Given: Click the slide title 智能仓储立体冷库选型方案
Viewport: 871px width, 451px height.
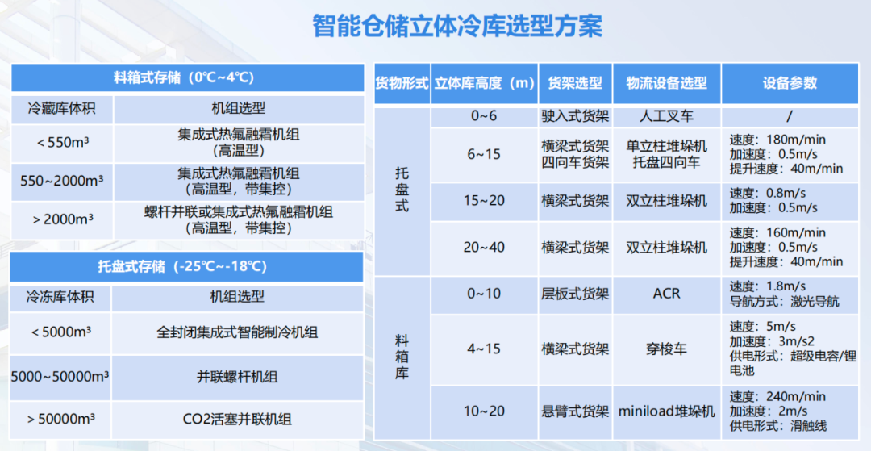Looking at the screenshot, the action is [457, 27].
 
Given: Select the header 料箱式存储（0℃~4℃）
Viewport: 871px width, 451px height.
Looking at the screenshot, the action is [184, 77].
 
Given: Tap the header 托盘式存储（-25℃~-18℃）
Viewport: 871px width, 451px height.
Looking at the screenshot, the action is [182, 266].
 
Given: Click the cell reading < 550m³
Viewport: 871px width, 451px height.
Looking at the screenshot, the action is [63, 143].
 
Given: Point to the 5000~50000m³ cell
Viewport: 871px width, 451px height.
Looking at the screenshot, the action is [60, 377].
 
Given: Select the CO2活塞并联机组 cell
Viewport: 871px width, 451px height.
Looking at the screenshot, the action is [237, 418].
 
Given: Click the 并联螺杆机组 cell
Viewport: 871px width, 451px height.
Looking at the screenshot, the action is [237, 377].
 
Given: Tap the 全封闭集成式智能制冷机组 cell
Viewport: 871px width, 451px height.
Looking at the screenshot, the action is [237, 332].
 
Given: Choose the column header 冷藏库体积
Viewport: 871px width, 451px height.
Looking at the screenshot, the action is [61, 108].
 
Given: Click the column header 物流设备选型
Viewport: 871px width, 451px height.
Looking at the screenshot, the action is [667, 83].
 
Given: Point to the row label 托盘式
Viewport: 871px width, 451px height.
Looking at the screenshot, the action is [402, 190].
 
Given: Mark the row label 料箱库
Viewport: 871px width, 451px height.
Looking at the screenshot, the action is [402, 357].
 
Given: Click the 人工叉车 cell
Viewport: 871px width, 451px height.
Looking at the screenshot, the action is [667, 117].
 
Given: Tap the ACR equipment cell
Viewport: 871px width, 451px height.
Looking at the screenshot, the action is [667, 293].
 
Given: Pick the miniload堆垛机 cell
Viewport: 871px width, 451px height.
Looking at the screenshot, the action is [667, 411].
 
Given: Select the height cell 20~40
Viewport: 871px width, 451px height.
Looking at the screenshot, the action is [485, 247].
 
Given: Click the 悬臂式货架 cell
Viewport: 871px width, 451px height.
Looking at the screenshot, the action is [575, 411].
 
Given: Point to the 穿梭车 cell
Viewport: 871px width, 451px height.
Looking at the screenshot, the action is [667, 349].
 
